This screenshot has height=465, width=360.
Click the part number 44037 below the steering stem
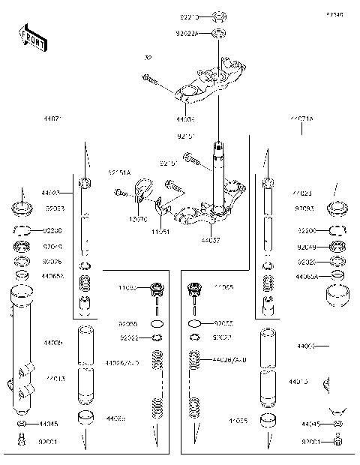(x=211, y=241)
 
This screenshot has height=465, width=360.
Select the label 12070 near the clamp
(x=138, y=219)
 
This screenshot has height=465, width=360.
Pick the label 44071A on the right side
(x=302, y=118)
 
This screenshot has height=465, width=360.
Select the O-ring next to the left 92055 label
(x=156, y=324)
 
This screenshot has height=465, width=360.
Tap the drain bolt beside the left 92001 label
(x=22, y=442)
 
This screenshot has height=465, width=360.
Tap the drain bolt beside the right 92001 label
(x=337, y=442)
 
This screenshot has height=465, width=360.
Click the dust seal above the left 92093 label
(x=22, y=206)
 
